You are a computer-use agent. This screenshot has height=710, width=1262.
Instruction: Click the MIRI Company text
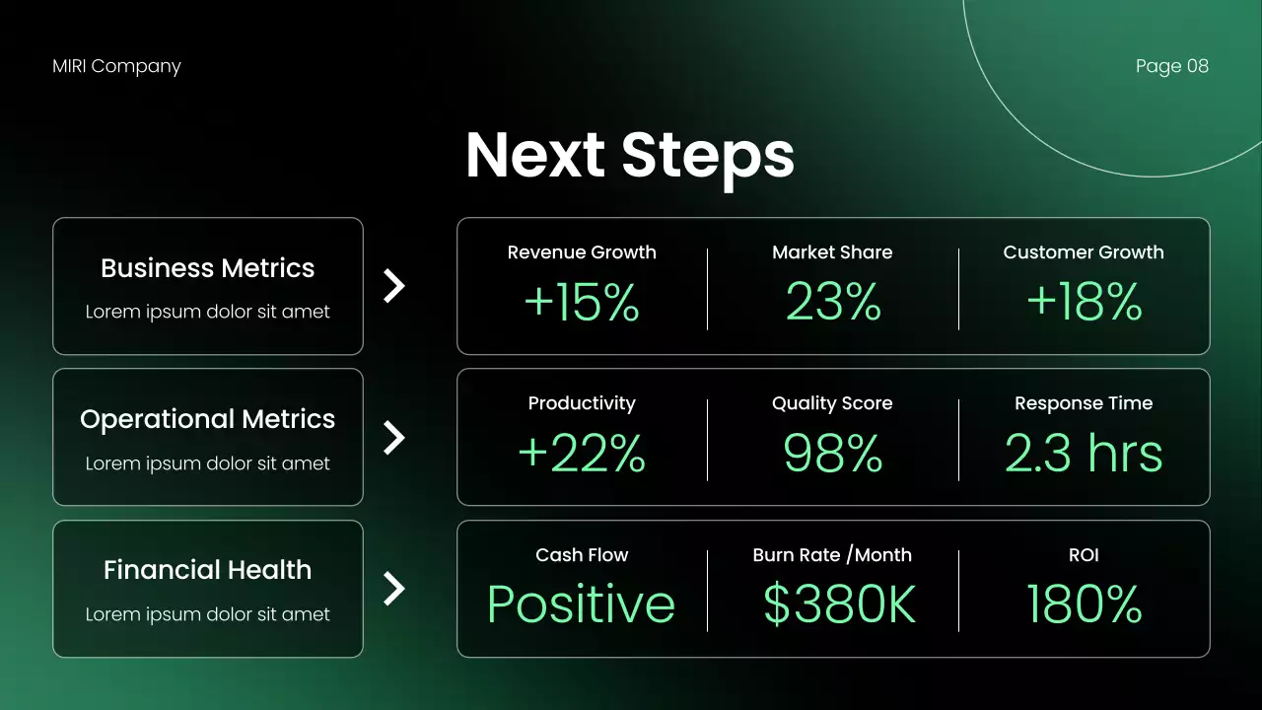pyautogui.click(x=116, y=66)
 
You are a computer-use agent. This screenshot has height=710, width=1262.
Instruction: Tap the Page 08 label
pyautogui.click(x=1171, y=66)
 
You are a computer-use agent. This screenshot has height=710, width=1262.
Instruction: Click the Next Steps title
pyautogui.click(x=630, y=155)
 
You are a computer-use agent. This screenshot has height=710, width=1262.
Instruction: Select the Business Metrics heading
pyautogui.click(x=208, y=268)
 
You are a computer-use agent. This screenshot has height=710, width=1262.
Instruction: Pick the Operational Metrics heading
pyautogui.click(x=208, y=419)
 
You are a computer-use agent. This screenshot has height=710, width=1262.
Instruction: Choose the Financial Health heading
pyautogui.click(x=208, y=570)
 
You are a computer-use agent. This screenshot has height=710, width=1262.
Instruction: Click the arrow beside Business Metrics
pyautogui.click(x=394, y=286)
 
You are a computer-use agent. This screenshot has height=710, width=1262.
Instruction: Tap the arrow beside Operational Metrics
pyautogui.click(x=394, y=438)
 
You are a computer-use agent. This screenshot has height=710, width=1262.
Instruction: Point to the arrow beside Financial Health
pyautogui.click(x=394, y=589)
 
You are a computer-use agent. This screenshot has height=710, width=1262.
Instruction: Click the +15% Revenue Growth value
pyautogui.click(x=582, y=303)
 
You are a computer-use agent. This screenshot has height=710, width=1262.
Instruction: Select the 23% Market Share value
pyautogui.click(x=833, y=303)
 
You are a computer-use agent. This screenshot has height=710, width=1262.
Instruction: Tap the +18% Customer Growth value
pyautogui.click(x=1084, y=303)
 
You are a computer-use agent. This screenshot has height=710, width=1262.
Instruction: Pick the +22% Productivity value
pyautogui.click(x=582, y=454)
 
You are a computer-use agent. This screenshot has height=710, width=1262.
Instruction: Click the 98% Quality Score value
pyautogui.click(x=833, y=454)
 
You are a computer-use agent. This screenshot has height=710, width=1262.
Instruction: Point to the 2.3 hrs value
pyautogui.click(x=1084, y=454)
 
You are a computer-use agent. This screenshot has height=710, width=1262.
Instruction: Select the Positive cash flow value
pyautogui.click(x=582, y=604)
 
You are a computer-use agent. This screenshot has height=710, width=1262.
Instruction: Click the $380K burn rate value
pyautogui.click(x=839, y=604)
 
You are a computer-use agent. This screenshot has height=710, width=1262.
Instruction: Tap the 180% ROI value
pyautogui.click(x=1084, y=604)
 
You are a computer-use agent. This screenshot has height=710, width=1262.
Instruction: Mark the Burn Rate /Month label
pyautogui.click(x=832, y=555)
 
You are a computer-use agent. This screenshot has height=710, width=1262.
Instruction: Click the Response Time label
pyautogui.click(x=1084, y=403)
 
